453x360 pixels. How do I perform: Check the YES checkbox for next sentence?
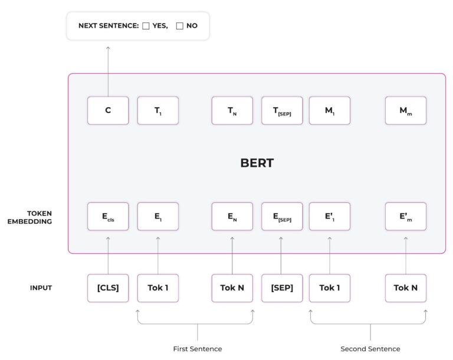146,27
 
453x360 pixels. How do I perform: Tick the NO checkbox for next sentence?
180,27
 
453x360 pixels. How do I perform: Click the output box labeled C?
108,110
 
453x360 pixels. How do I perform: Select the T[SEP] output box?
282,110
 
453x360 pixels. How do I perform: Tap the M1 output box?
330,110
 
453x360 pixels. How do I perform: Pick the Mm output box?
406,110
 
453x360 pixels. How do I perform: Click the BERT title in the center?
257,163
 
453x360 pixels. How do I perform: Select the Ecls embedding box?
108,217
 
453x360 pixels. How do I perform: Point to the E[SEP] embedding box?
282,217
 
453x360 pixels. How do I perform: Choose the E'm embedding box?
406,217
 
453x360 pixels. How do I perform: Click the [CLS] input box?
108,288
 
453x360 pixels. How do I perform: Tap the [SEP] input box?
282,288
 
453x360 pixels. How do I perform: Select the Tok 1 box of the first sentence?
158,288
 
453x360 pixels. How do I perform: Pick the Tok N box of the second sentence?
406,288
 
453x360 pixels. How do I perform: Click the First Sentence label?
198,349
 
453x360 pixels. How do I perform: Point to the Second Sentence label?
370,349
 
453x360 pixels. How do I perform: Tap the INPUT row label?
41,288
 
